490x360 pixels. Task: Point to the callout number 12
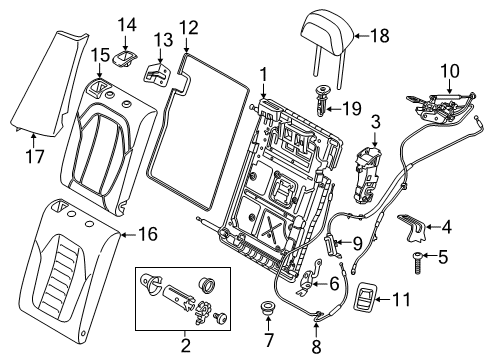pyautogui.click(x=188, y=27)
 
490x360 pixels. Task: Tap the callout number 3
pyautogui.click(x=376, y=122)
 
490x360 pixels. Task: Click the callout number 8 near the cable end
pyautogui.click(x=318, y=346)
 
